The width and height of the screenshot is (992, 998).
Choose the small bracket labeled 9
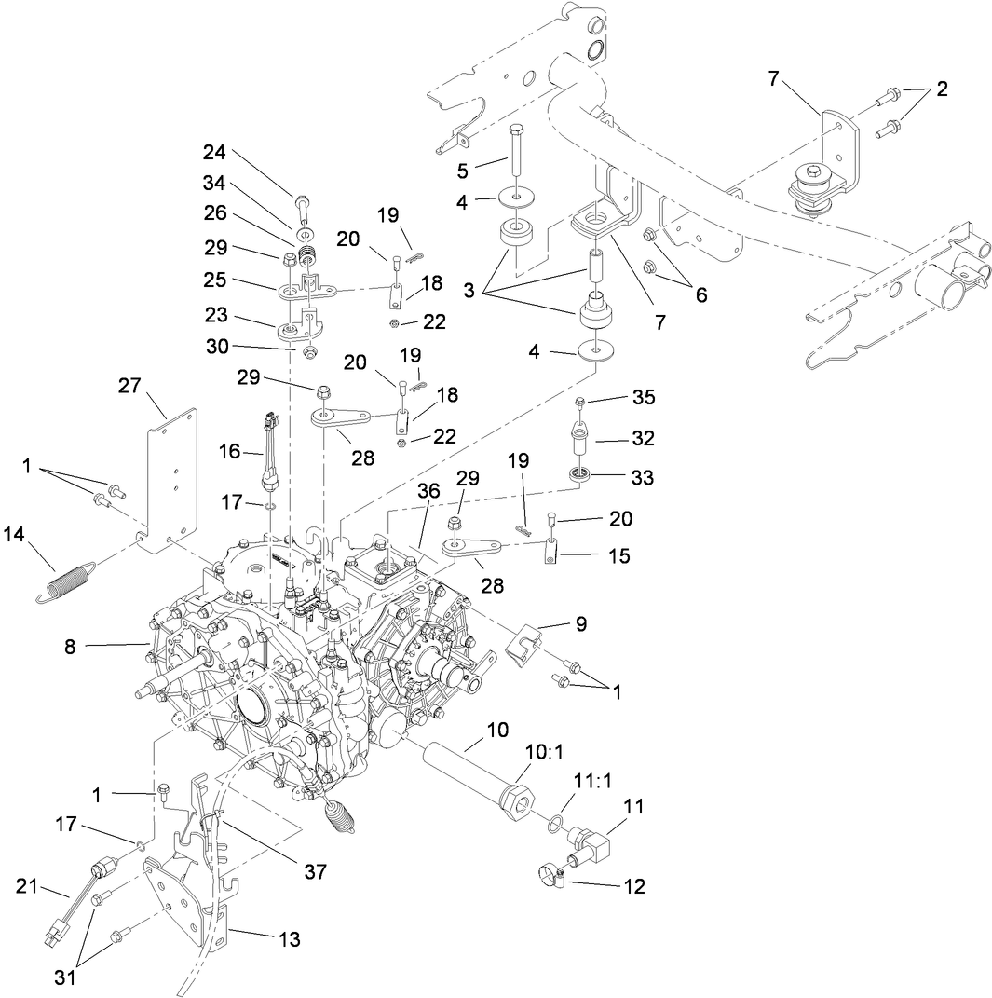(523, 645)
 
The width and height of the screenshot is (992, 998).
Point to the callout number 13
(290, 939)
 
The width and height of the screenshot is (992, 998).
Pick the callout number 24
(215, 153)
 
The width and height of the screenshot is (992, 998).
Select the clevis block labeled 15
(551, 554)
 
